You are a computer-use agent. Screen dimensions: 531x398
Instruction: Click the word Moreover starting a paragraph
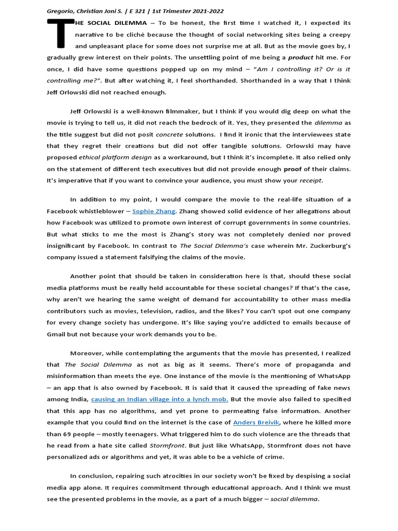[x=88, y=353]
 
